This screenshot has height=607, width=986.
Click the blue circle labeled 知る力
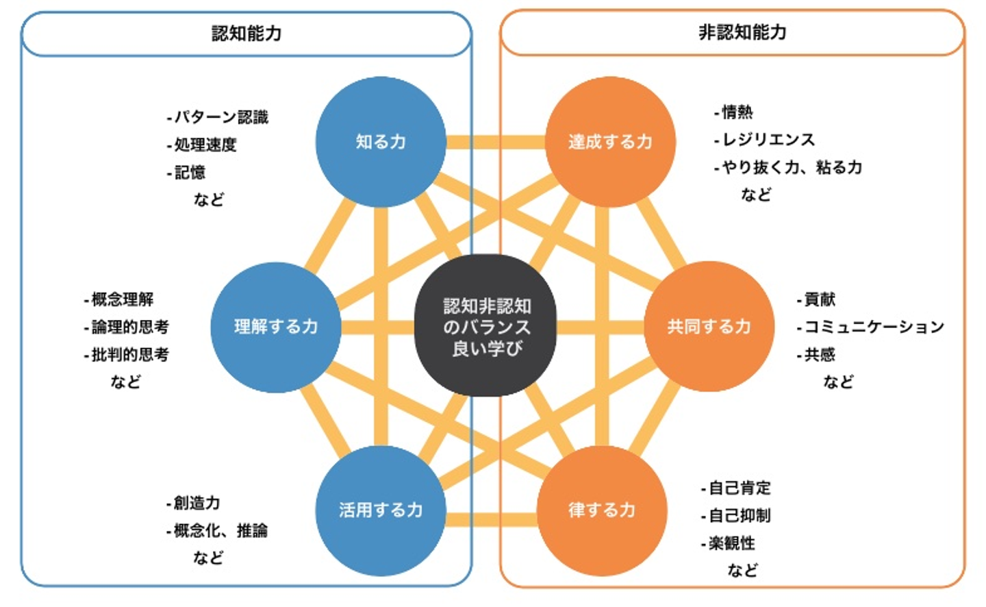click(x=381, y=142)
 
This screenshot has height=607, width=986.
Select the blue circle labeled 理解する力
click(x=276, y=327)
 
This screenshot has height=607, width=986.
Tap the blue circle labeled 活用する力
click(x=381, y=510)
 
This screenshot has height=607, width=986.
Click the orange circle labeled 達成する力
click(x=611, y=142)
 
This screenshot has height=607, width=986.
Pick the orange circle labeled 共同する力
click(x=709, y=326)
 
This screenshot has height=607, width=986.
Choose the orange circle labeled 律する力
click(x=602, y=510)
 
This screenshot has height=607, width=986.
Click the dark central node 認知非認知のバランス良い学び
click(x=486, y=325)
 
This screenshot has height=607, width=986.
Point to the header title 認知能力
click(x=246, y=34)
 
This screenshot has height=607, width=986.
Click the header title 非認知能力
click(x=742, y=33)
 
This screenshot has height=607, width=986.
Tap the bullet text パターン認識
click(x=221, y=117)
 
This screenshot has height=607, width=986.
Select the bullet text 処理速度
click(x=205, y=145)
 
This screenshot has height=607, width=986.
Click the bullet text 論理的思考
click(x=130, y=327)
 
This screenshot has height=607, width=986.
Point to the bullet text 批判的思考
click(x=130, y=355)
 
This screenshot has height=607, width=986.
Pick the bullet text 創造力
click(x=197, y=503)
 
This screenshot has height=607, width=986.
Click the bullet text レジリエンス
click(x=769, y=140)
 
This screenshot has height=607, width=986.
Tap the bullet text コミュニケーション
click(x=874, y=327)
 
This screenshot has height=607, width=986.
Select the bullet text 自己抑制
click(x=740, y=515)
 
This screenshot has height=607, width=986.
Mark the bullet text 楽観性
click(x=732, y=543)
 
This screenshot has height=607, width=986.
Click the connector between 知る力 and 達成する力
click(x=496, y=142)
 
